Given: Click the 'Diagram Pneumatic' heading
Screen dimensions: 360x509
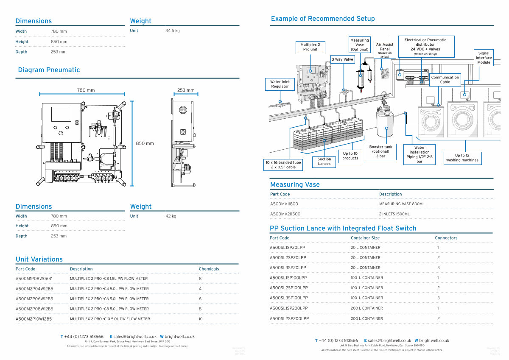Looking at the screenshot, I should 49,70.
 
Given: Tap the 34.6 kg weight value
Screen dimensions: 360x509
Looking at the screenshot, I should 172,31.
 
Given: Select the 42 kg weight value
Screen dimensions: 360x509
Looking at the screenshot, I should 171,216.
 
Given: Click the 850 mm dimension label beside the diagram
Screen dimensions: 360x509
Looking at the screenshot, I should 145,143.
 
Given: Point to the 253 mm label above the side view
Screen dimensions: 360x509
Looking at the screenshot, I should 186,90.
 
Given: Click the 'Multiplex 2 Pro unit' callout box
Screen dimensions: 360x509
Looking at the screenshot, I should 310,47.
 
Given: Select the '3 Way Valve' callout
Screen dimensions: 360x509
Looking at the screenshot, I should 342,59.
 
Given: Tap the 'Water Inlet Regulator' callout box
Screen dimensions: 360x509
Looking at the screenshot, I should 280,84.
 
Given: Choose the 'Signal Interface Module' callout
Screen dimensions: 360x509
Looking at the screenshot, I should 484,58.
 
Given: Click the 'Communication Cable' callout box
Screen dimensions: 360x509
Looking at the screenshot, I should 445,80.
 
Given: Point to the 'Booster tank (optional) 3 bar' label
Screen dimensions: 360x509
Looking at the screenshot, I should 380,151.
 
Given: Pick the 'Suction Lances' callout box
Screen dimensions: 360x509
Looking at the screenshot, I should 324,162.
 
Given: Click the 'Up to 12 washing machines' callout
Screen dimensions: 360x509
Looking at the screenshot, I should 462,158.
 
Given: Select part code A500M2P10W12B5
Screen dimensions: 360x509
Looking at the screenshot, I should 34,319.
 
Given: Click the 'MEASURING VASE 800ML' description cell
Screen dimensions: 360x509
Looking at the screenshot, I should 402,204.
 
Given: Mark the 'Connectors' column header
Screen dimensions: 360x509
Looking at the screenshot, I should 446,238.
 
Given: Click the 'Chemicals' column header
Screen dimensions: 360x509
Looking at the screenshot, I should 209,269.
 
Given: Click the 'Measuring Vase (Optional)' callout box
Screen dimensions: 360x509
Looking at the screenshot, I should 360,45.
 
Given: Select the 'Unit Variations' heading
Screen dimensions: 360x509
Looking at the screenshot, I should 39,259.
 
